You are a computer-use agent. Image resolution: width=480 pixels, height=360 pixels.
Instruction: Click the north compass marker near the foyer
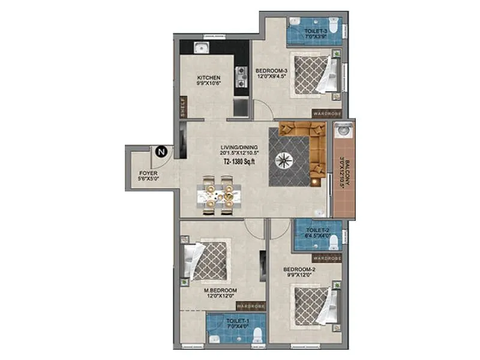tap(161, 152)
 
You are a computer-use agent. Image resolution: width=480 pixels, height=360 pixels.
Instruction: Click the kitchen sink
tap(200, 48)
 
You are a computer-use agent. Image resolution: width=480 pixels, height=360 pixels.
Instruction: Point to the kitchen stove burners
tap(242, 74)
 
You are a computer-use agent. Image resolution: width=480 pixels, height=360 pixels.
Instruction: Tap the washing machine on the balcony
tap(344, 130)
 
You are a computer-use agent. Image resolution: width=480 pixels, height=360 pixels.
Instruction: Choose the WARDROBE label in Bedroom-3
tap(326, 113)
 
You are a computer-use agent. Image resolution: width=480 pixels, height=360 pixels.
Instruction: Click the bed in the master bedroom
tap(207, 260)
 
